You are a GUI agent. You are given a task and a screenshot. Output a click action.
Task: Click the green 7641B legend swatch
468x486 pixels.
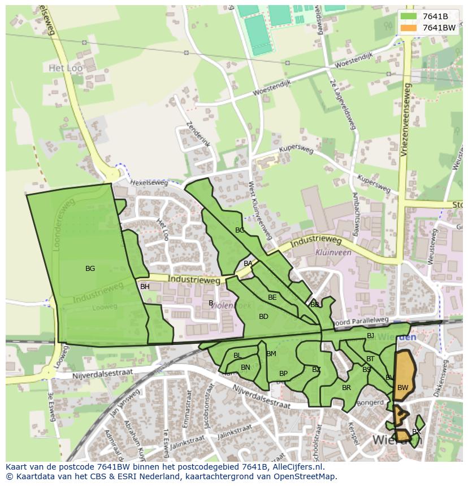pyautogui.click(x=408, y=16)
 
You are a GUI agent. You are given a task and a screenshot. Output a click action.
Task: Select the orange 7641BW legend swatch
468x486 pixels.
pyautogui.click(x=408, y=28)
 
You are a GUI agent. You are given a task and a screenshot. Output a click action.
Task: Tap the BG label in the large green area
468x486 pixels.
pyautogui.click(x=90, y=269)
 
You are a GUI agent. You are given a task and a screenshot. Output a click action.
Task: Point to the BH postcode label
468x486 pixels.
pyautogui.click(x=145, y=287)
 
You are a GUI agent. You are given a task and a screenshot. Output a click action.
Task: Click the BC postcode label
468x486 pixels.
pyautogui.click(x=240, y=230)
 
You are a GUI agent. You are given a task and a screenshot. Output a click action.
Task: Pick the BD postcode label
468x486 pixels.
pyautogui.click(x=263, y=317)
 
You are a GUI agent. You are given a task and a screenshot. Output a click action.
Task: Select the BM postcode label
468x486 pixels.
pyautogui.click(x=271, y=354)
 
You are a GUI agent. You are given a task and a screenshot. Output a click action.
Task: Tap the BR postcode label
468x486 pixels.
pyautogui.click(x=346, y=388)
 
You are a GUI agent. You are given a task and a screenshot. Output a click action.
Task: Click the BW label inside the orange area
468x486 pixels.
pyautogui.click(x=402, y=388)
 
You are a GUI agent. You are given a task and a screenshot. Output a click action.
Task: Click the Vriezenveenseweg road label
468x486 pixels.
pyautogui.click(x=405, y=121)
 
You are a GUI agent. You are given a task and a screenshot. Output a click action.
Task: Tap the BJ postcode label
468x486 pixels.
pyautogui.click(x=370, y=336)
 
